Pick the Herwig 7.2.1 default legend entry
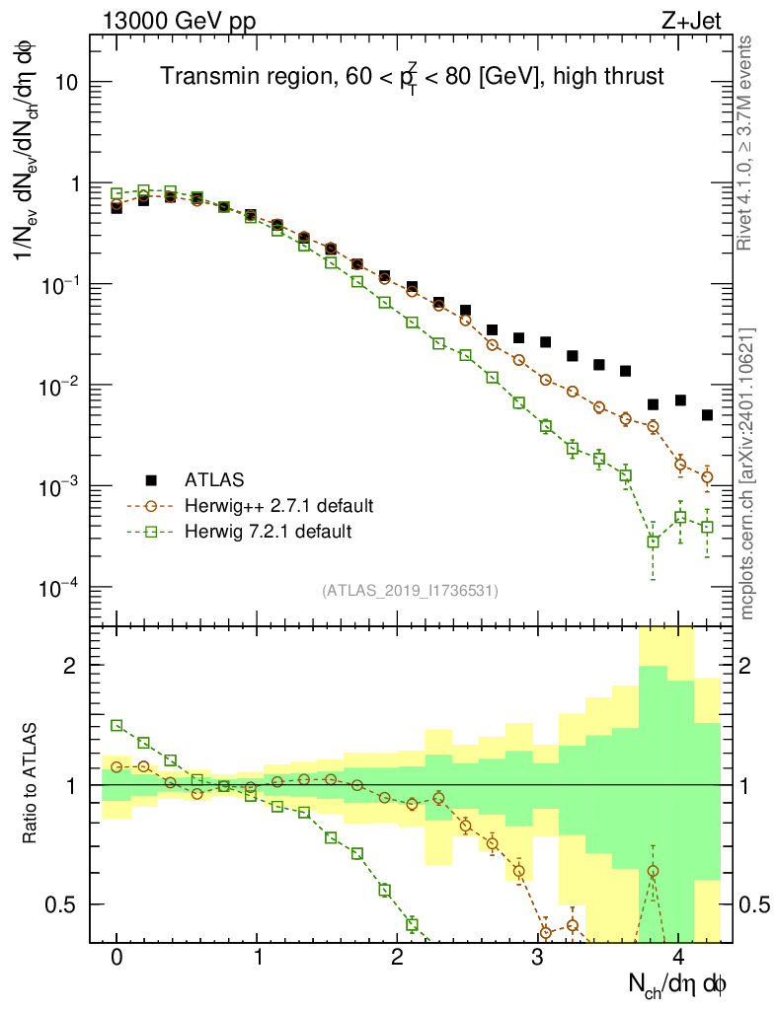coord(268,532)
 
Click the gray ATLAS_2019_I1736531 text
coord(410,590)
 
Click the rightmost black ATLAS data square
coord(707,415)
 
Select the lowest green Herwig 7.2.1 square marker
coord(653,541)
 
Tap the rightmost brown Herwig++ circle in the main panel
coord(707,477)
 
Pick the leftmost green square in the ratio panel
coord(116,725)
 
